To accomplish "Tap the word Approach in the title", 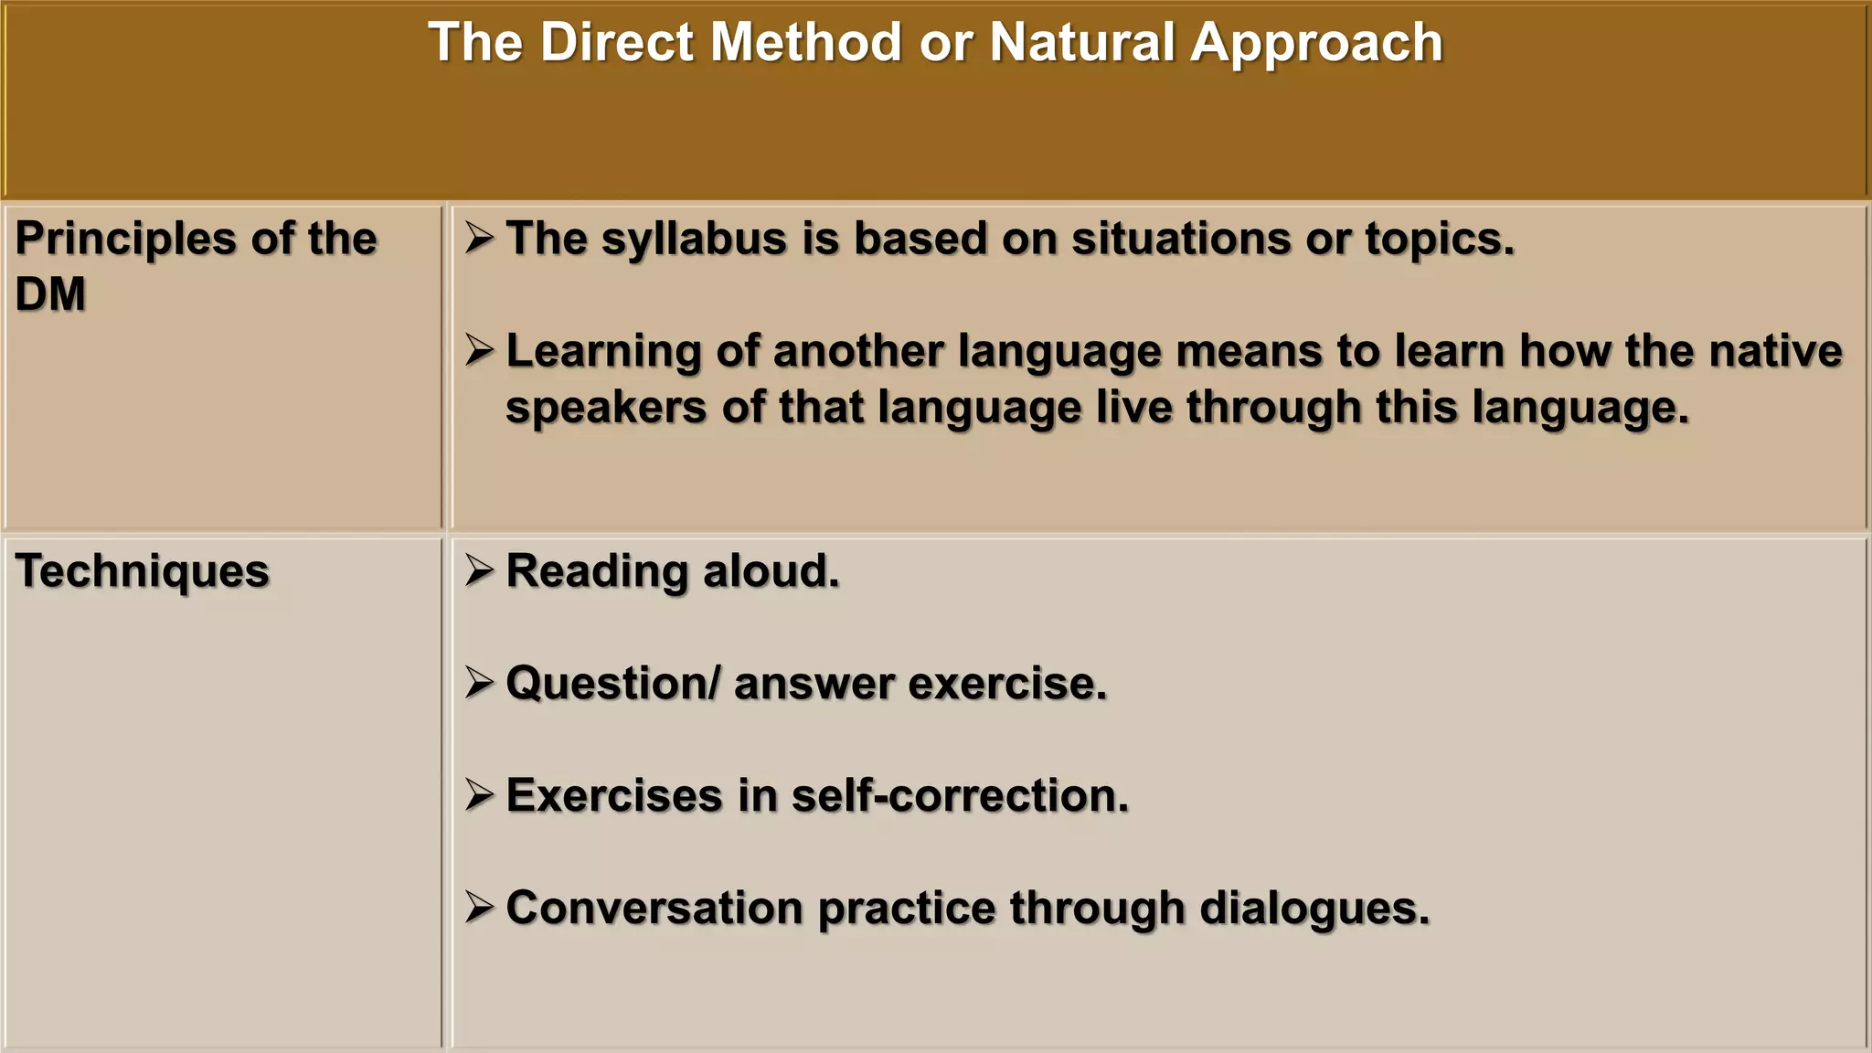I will pyautogui.click(x=1316, y=43).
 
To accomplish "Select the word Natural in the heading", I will pyautogui.click(x=1081, y=43).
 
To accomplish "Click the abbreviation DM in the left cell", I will pyautogui.click(x=50, y=294).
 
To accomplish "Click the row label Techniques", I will pyautogui.click(x=143, y=571).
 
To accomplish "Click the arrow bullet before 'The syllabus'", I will pyautogui.click(x=479, y=238).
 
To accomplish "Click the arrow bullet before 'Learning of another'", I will pyautogui.click(x=479, y=349).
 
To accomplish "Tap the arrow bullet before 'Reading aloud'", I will pyautogui.click(x=479, y=569).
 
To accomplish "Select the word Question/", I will pyautogui.click(x=613, y=684).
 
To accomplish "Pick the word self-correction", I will pyautogui.click(x=960, y=795).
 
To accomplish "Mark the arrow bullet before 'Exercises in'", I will pyautogui.click(x=479, y=793).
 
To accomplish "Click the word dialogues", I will pyautogui.click(x=1314, y=908).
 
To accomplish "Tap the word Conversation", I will pyautogui.click(x=654, y=908).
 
